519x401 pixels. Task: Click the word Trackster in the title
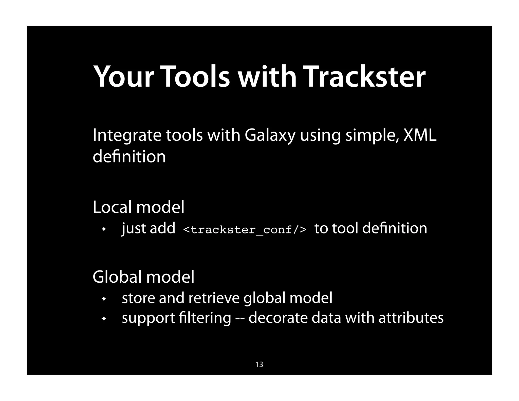click(365, 77)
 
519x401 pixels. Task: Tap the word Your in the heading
click(124, 77)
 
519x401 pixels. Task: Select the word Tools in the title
click(195, 77)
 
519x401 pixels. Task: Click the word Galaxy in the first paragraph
click(270, 135)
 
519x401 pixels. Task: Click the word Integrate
click(127, 135)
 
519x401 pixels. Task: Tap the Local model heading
click(138, 207)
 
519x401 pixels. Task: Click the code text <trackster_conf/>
click(245, 230)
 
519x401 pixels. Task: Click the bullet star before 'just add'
click(103, 229)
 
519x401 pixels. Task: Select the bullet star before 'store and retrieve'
click(103, 299)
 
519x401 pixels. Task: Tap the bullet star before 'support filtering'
click(103, 319)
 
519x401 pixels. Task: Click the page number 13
click(259, 364)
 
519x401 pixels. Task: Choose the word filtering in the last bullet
click(205, 318)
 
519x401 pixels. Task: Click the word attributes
click(411, 318)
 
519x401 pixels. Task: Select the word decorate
click(278, 318)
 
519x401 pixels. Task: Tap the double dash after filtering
click(240, 318)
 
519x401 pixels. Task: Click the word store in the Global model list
click(138, 298)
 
